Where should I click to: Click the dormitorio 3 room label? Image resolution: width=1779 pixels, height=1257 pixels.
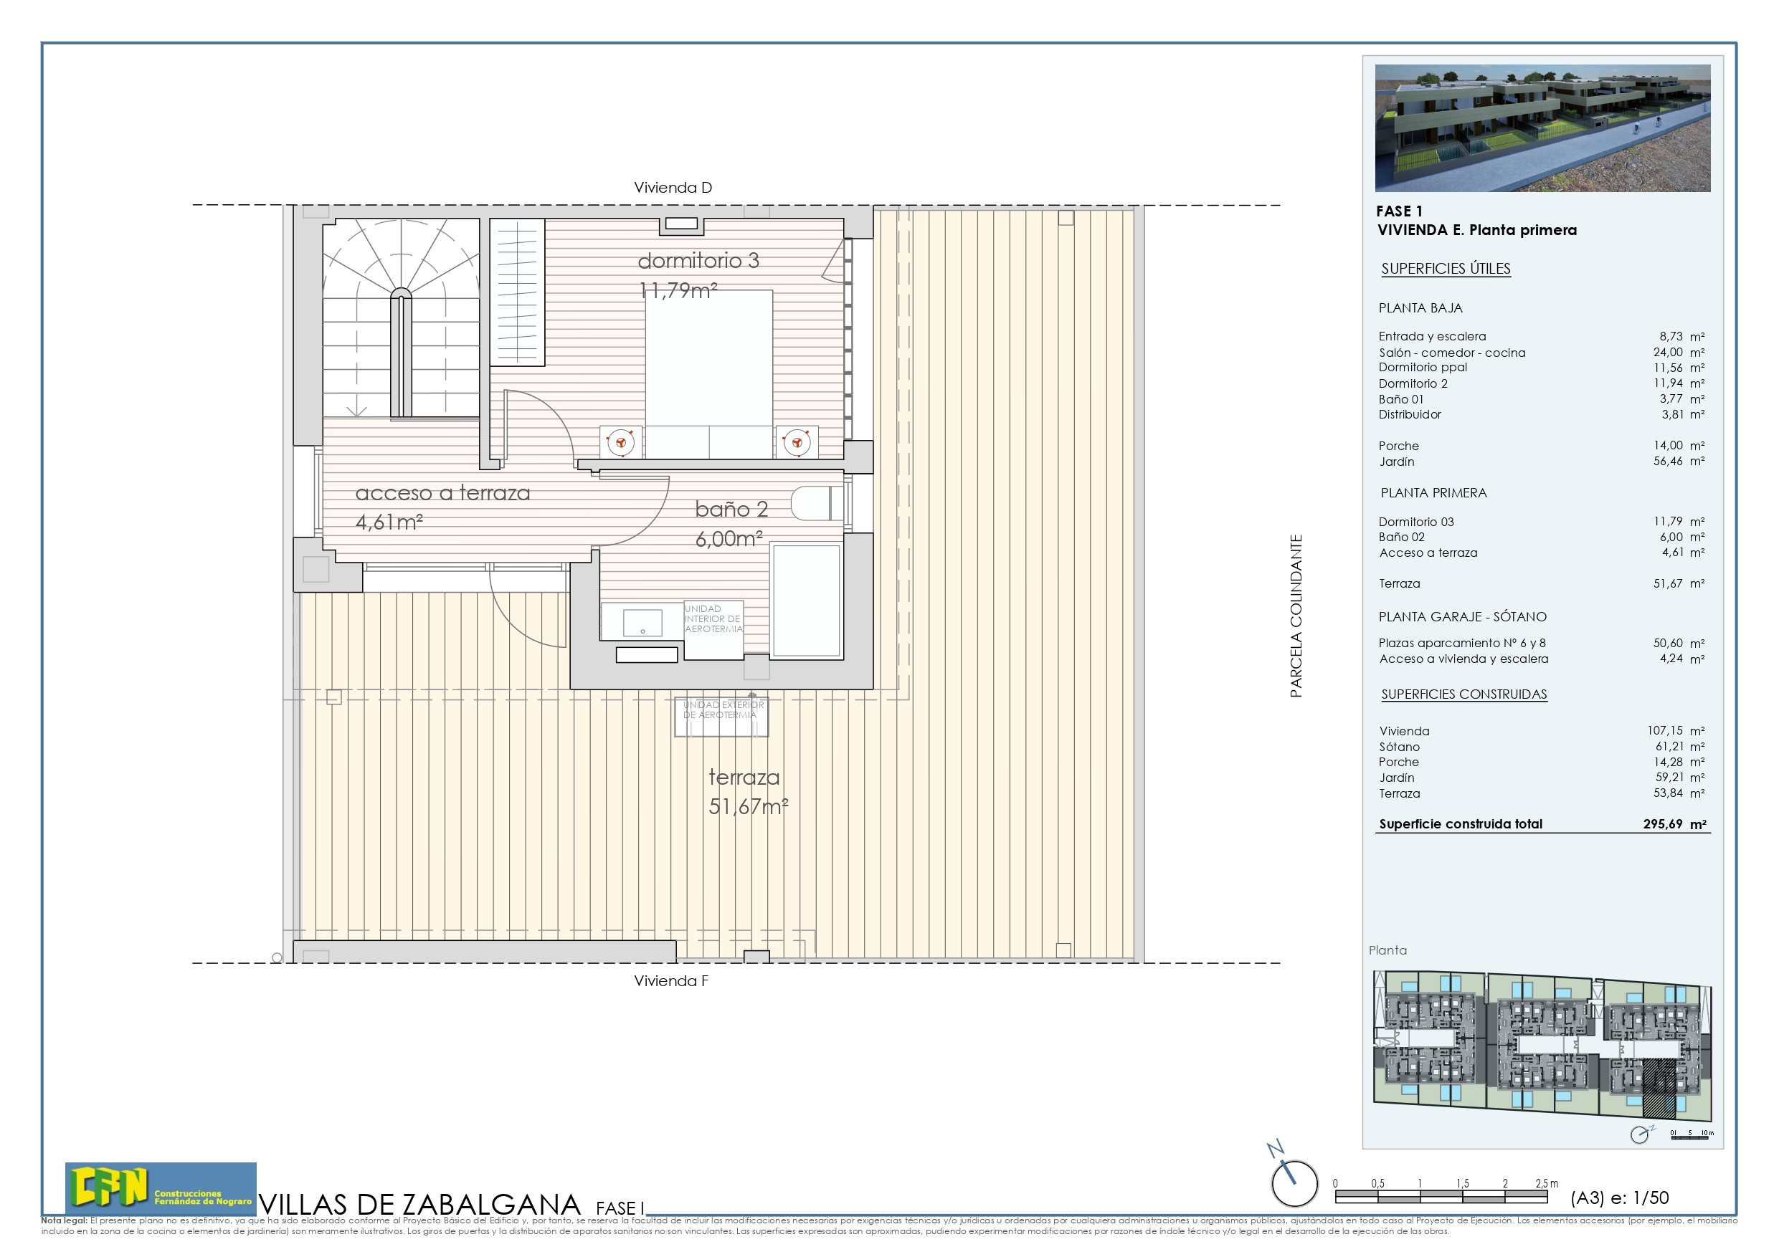point(698,261)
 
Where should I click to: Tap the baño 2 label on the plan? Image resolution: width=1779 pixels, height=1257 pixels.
point(731,510)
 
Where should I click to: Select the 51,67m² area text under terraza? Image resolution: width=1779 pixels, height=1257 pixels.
point(748,807)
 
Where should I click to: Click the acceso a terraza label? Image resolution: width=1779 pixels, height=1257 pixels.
point(442,493)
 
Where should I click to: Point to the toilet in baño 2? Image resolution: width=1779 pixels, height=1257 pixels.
point(816,503)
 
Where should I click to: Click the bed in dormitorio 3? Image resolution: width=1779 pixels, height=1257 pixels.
point(709,372)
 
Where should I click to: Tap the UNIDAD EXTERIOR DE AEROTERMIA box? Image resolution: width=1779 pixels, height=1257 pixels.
point(721,717)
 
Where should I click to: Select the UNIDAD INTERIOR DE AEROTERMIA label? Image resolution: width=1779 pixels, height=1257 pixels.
point(713,618)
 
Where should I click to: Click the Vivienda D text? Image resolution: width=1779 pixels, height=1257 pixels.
point(673,188)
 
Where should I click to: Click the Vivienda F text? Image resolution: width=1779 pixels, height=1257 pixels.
point(671,981)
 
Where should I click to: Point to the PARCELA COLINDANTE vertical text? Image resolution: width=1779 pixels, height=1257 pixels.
point(1296,616)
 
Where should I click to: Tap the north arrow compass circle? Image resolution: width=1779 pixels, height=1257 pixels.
point(1294,1183)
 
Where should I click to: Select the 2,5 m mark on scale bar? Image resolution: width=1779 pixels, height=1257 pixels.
point(1546,1183)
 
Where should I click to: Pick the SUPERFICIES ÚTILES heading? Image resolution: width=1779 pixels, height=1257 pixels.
point(1445,269)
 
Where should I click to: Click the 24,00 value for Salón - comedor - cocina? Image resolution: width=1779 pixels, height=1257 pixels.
point(1667,353)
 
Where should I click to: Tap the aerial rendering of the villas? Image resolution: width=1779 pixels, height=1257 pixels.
point(1542,128)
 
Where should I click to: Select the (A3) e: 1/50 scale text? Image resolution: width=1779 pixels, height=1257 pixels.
point(1619,1198)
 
